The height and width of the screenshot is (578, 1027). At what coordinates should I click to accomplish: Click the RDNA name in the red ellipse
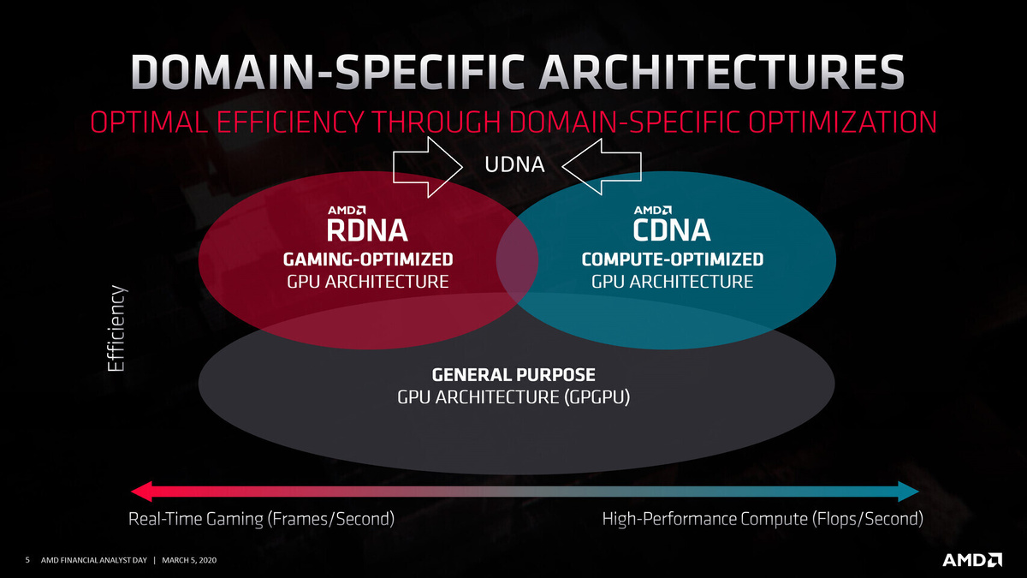pos(367,231)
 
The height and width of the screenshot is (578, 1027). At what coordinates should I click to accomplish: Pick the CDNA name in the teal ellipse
pos(671,231)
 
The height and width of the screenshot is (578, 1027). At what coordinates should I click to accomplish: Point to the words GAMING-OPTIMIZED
pos(367,259)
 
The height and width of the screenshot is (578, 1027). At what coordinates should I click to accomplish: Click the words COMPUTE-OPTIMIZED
pos(672,259)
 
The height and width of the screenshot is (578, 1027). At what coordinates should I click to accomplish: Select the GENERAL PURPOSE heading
pos(513,375)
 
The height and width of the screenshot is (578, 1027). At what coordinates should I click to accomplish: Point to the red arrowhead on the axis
pos(142,491)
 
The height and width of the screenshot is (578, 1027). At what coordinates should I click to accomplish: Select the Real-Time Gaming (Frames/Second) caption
pos(260,519)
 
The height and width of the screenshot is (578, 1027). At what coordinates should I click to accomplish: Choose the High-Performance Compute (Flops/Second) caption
pos(763,519)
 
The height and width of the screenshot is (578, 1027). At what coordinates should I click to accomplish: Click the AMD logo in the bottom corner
pos(972,560)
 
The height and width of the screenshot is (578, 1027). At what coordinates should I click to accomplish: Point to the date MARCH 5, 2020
pos(196,561)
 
